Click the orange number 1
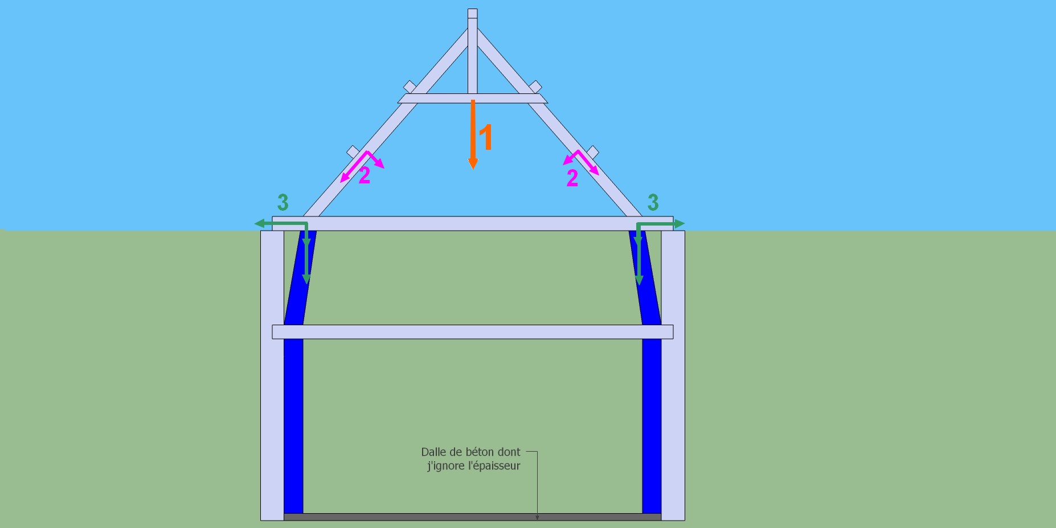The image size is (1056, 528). [x=485, y=137]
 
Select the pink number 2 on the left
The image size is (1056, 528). [x=365, y=175]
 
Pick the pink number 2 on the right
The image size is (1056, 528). [x=572, y=178]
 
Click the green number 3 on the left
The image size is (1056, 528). [x=283, y=202]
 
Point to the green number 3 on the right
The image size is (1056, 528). [x=653, y=202]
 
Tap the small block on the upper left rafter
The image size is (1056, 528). [x=410, y=87]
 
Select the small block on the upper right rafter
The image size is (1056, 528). [x=535, y=87]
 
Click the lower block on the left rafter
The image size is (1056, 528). [x=353, y=152]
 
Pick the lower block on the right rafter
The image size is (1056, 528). [x=592, y=152]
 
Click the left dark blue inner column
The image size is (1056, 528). [x=293, y=421]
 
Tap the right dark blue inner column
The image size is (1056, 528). [x=652, y=421]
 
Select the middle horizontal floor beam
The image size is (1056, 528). [x=473, y=331]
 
